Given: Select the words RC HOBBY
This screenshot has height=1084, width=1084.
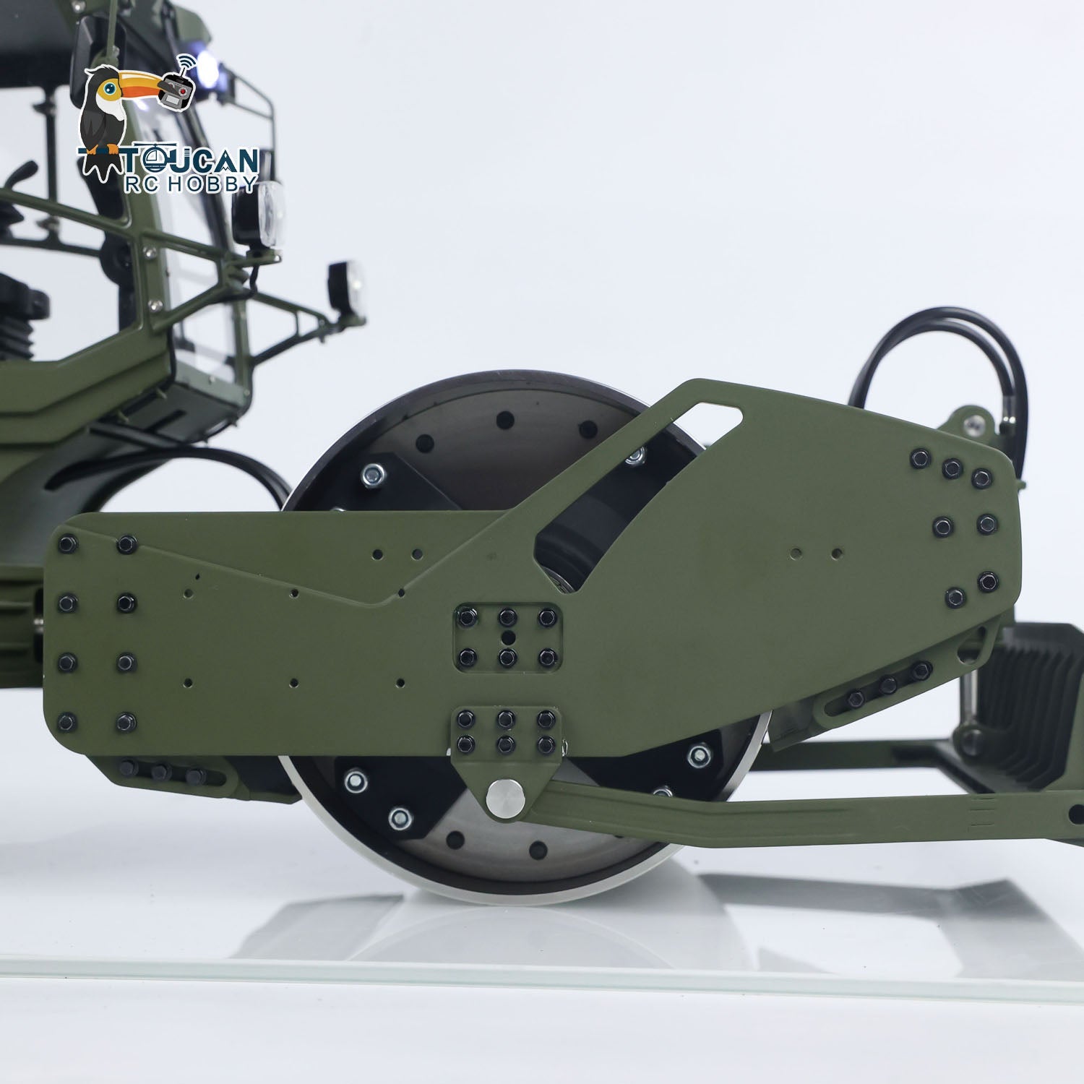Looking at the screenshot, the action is (x=192, y=184).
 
